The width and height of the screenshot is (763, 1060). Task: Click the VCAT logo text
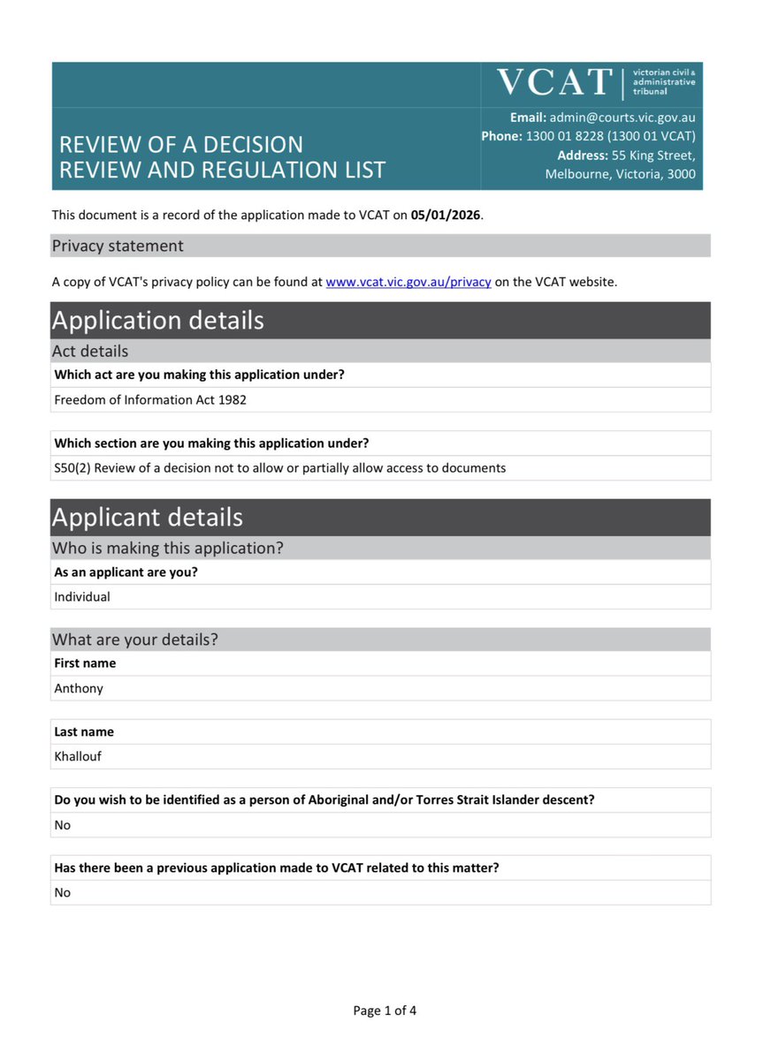[x=554, y=83]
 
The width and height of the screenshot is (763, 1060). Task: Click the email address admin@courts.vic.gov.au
[x=622, y=117]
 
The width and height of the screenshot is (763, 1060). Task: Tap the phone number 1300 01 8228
[x=563, y=136]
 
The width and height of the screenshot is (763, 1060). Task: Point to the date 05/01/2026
[x=446, y=215]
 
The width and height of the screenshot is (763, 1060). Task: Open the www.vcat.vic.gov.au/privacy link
[x=408, y=282]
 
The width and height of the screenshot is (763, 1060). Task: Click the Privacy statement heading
[x=118, y=246]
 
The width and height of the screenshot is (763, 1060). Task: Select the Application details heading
[x=158, y=320]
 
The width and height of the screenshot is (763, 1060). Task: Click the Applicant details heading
[x=147, y=517]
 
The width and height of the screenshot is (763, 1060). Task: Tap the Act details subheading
[x=90, y=351]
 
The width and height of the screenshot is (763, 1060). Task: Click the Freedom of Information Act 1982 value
[x=150, y=399]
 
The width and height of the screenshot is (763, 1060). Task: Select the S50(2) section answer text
[x=280, y=467]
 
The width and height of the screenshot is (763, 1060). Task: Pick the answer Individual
[x=82, y=596]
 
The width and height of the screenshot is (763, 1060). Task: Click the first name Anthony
[x=79, y=688]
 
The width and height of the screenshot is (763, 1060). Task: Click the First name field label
[x=85, y=663]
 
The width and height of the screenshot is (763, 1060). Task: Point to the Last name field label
[x=84, y=731]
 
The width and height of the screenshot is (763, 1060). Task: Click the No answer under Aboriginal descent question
[x=63, y=825]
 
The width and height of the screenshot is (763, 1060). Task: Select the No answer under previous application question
[x=63, y=892]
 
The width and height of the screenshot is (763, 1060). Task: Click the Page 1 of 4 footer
[x=385, y=1011]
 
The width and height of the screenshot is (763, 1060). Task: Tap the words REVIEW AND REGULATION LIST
[x=222, y=170]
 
